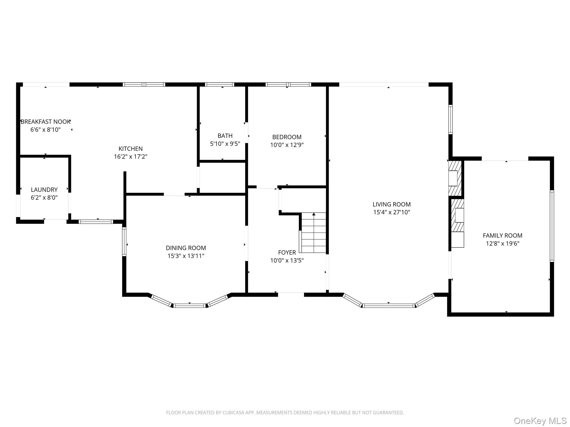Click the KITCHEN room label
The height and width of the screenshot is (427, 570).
(131, 149)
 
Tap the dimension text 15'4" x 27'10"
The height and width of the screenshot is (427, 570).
(392, 212)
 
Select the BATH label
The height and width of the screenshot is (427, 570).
(225, 136)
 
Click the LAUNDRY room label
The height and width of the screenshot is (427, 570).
(44, 190)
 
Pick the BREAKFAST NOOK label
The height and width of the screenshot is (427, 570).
(45, 121)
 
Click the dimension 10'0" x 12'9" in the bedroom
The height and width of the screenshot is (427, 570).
(287, 145)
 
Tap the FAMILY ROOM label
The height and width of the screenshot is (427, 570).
(502, 235)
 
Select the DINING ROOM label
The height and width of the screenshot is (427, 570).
(186, 248)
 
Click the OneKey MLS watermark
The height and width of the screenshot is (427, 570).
(540, 421)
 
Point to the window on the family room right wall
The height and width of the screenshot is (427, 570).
(552, 226)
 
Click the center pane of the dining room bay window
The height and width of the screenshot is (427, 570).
(190, 306)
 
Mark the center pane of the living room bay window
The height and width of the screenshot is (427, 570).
(389, 306)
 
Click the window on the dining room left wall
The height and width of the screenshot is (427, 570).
(124, 242)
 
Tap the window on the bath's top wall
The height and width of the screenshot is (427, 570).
(219, 85)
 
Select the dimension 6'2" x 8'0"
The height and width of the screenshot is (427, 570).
(44, 198)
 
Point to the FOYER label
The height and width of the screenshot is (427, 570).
(287, 252)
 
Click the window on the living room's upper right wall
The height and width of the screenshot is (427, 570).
(450, 120)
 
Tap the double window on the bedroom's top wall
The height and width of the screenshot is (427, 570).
(288, 85)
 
